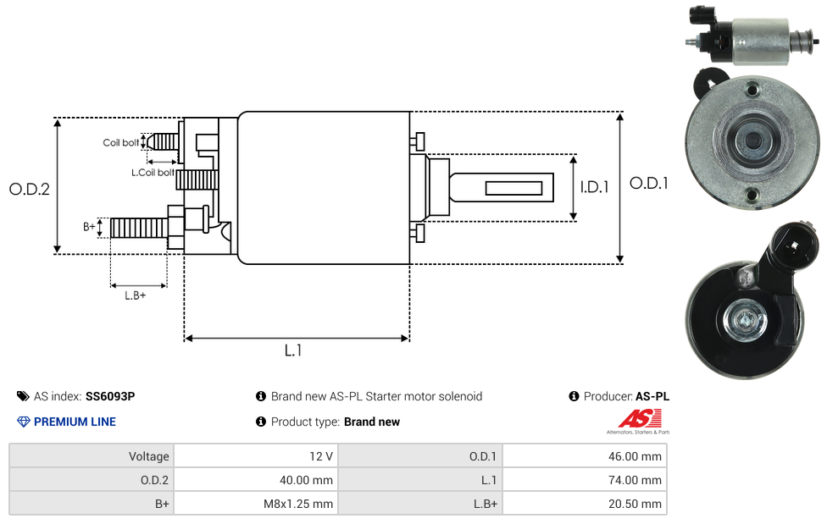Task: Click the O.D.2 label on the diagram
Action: pyautogui.click(x=29, y=189)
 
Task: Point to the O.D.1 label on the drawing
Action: pyautogui.click(x=649, y=183)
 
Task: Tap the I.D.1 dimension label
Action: pyautogui.click(x=595, y=186)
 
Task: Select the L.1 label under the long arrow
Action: pyautogui.click(x=293, y=350)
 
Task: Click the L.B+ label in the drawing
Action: pyautogui.click(x=135, y=295)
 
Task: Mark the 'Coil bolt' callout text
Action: pyautogui.click(x=121, y=142)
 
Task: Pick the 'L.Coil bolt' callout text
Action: pyautogui.click(x=153, y=173)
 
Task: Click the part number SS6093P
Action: pyautogui.click(x=110, y=396)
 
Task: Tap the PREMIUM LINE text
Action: pyautogui.click(x=75, y=422)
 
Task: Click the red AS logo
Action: pyautogui.click(x=640, y=419)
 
